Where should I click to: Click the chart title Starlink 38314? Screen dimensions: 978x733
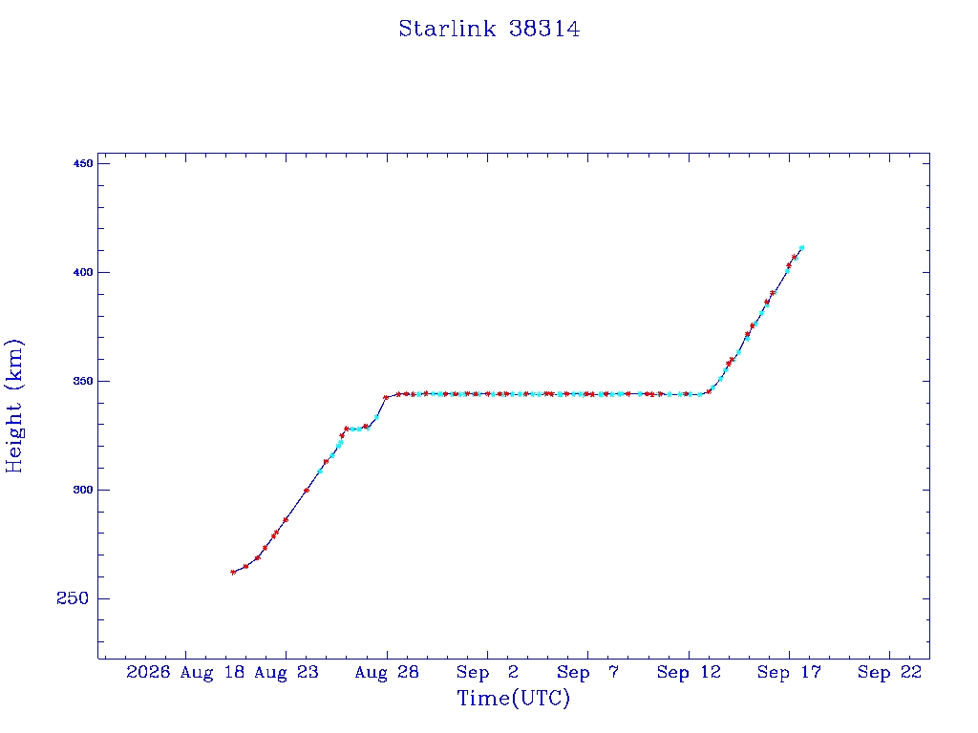coord(489,29)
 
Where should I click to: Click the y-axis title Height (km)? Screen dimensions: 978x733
coord(13,406)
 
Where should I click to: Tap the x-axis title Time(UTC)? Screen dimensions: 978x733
coord(513,698)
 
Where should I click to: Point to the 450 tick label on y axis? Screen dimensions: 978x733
coord(83,163)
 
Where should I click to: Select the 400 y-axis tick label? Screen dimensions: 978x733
coord(83,272)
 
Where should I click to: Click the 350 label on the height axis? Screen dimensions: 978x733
coord(83,381)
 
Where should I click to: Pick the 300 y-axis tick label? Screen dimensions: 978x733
coord(83,490)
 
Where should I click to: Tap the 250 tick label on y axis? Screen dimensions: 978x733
coord(73,598)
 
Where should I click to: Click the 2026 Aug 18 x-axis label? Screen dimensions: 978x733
coord(185,672)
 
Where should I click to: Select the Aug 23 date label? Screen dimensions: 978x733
coord(287,672)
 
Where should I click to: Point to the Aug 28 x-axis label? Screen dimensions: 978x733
coord(387,672)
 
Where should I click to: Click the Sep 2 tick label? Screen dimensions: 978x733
coord(487,672)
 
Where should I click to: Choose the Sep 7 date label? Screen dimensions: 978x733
coord(587,672)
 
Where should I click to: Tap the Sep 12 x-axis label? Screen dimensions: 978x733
coord(689,672)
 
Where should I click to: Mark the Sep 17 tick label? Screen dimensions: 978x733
coord(789,672)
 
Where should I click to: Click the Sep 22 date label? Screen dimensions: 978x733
coord(889,672)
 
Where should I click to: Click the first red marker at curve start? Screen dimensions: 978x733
coord(233,573)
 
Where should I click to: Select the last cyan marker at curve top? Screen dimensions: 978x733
coord(801,248)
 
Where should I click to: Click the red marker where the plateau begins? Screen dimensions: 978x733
coord(386,397)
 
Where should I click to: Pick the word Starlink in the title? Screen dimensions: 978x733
coord(447,29)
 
